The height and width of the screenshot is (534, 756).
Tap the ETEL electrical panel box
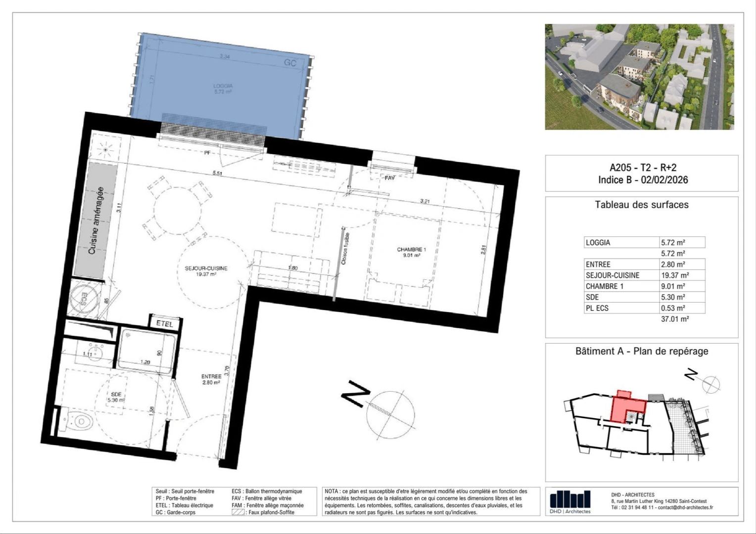tap(165, 323)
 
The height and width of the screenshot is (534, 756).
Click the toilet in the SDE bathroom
tap(79, 421)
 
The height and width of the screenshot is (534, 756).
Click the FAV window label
tap(390, 178)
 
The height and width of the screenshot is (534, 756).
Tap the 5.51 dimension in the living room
tap(217, 173)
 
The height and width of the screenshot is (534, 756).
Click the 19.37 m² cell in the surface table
tap(675, 275)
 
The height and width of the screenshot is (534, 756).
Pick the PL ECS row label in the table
tap(597, 308)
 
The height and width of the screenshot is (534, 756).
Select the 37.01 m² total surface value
tap(675, 319)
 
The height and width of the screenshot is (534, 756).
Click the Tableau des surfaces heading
tap(641, 205)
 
